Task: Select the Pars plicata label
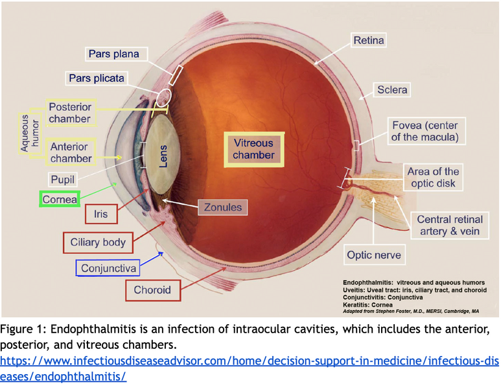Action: pos(97,78)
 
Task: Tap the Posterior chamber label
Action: pos(69,112)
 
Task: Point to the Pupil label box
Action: pos(63,178)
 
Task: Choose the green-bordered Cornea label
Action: pos(60,200)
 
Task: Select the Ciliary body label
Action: pos(98,242)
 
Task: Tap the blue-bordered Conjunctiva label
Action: pos(108,268)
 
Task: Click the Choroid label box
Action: pos(152,290)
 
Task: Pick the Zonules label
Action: pos(222,207)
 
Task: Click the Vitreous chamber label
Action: pos(253,149)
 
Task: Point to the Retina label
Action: pos(368,40)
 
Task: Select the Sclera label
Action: pos(392,89)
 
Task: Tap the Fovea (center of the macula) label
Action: pos(425,131)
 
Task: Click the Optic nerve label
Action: pos(373,255)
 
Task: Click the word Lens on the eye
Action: pos(164,156)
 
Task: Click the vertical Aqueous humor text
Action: pos(25,133)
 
